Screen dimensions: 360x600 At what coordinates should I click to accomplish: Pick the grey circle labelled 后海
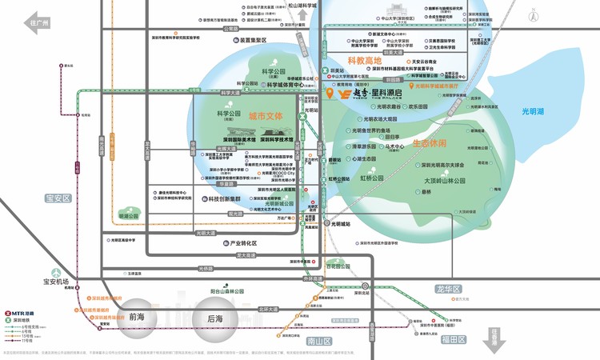coord(214,317)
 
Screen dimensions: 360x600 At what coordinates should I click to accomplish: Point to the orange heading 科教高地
coord(366,60)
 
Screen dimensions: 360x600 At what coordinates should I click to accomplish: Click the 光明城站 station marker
coord(326,223)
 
